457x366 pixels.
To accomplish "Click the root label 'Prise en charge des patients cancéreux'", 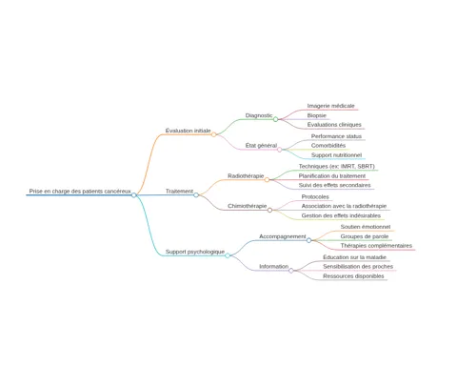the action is [80, 192].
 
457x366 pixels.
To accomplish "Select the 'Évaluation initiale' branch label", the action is [189, 131].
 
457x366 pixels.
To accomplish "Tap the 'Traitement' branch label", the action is [179, 192].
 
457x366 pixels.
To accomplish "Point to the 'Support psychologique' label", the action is [195, 252].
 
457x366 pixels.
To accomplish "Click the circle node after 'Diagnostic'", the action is [276, 119].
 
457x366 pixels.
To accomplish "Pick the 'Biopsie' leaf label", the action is [317, 115].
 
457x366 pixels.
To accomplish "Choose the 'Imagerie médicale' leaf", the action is [331, 106].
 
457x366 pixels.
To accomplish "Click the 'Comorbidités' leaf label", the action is [328, 146].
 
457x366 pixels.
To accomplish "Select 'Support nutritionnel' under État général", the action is [336, 155].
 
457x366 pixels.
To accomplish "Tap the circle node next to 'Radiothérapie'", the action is [267, 180].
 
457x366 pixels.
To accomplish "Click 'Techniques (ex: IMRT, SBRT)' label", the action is [337, 166].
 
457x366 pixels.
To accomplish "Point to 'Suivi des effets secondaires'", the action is [334, 185].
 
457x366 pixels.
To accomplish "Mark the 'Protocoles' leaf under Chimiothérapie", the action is [315, 196].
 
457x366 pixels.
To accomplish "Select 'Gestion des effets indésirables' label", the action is [341, 215].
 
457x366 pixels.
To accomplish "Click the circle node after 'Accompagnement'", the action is [308, 240].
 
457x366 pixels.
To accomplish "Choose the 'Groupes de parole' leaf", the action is [365, 236].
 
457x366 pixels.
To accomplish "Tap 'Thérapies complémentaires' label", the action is [376, 246].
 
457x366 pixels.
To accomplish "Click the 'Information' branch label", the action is [274, 267].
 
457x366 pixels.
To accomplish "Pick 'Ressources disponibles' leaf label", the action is [353, 276].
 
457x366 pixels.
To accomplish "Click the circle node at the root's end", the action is [134, 195].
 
